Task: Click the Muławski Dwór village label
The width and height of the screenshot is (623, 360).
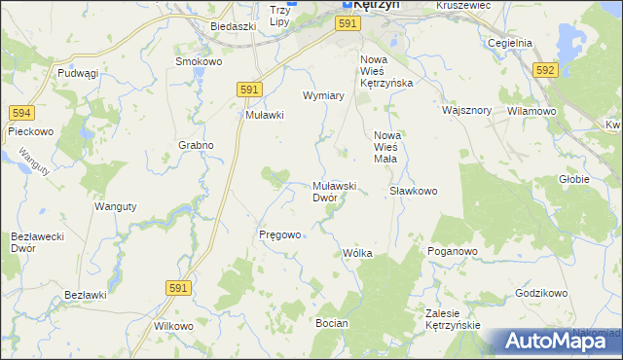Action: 337,191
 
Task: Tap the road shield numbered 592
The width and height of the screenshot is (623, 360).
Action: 545,70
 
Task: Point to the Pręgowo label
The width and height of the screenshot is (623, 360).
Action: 279,234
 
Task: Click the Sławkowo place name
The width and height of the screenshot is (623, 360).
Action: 413,191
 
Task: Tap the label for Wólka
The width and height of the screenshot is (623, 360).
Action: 357,253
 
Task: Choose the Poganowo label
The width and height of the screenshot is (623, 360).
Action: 452,251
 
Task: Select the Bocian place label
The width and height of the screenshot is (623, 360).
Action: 332,321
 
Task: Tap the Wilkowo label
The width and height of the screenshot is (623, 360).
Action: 173,326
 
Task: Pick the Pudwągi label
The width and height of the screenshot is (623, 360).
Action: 78,73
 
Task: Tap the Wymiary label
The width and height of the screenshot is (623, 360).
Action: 324,96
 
